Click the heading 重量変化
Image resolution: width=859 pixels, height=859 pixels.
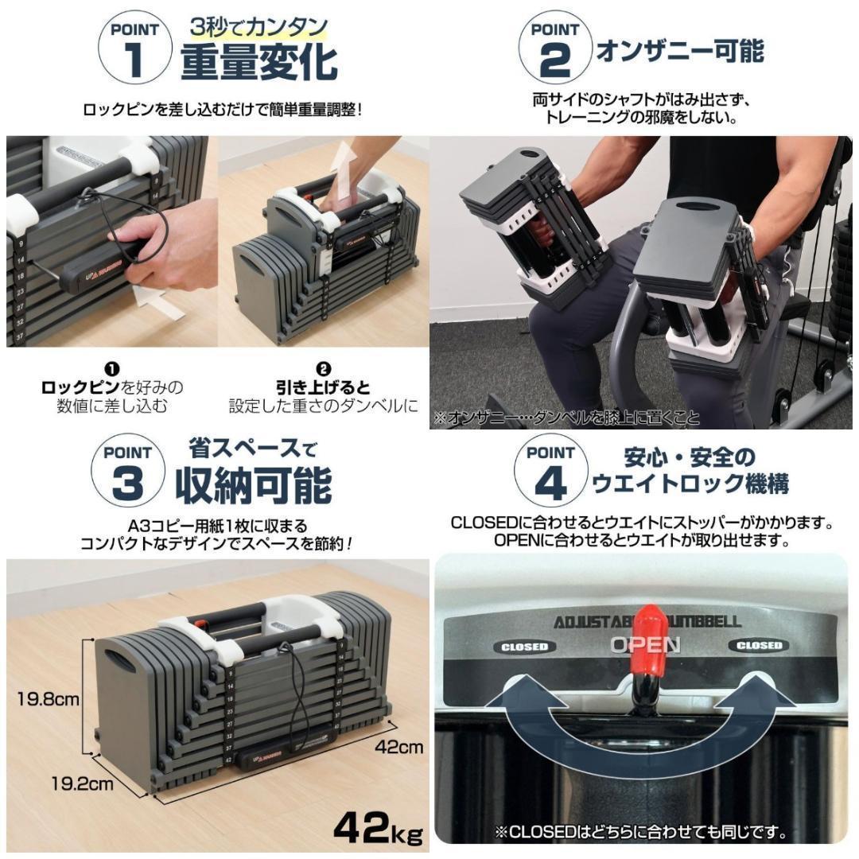(x=258, y=64)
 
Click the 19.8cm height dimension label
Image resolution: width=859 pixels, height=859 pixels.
(x=49, y=700)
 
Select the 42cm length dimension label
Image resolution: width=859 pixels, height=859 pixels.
(x=400, y=748)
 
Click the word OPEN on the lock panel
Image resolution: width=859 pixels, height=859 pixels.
(x=644, y=645)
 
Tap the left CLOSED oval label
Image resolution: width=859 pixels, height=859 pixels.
(x=524, y=647)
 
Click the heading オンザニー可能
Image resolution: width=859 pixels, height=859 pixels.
(x=680, y=52)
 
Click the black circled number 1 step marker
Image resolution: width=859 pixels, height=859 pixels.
(x=112, y=368)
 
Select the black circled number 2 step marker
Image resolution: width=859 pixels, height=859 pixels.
(x=323, y=368)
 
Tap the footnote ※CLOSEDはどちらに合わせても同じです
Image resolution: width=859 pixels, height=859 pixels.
(x=641, y=834)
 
